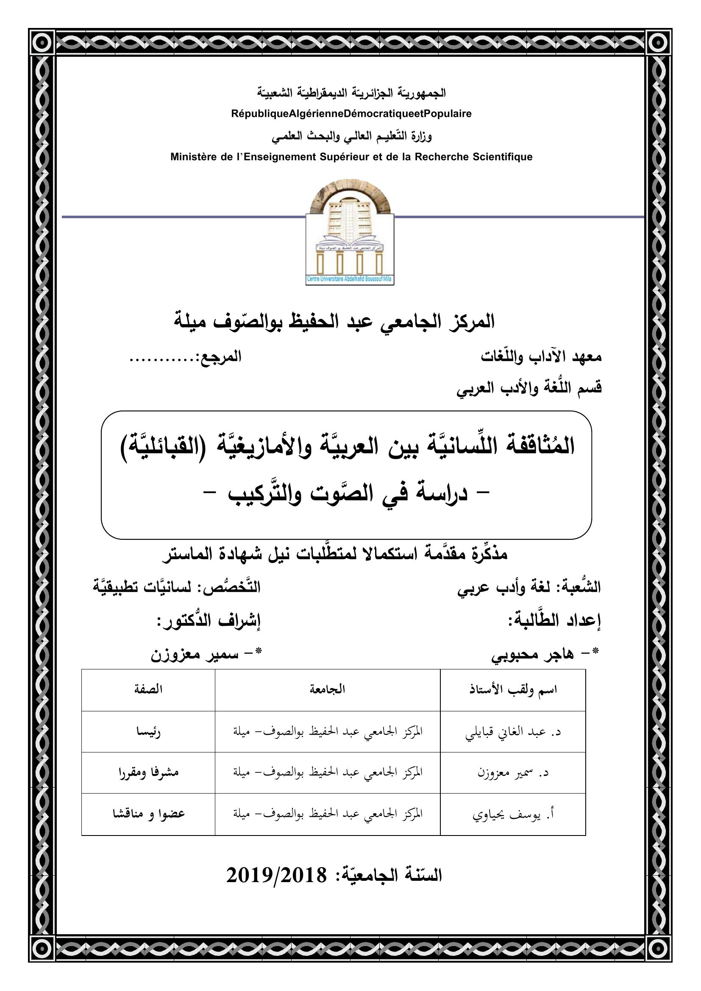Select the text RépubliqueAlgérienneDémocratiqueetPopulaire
(351, 114)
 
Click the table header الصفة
(148, 689)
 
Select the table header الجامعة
(327, 689)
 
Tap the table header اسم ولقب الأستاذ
(513, 690)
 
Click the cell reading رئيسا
(148, 732)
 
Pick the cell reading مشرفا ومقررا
(148, 773)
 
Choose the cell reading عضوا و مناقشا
(148, 814)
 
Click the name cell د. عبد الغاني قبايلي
(513, 732)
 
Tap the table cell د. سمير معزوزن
(513, 773)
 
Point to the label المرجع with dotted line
(186, 358)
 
